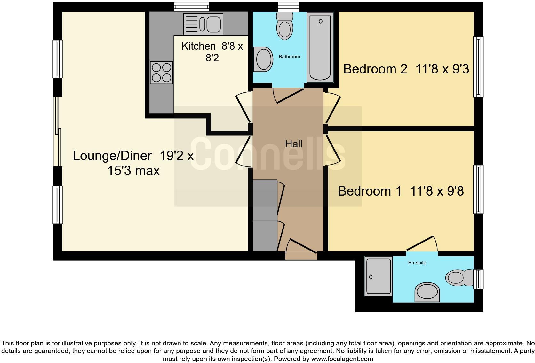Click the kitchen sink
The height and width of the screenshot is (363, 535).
203,24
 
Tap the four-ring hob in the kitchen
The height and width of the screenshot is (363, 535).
162,73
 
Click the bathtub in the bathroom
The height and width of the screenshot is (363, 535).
320,47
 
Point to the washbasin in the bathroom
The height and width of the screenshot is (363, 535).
263,59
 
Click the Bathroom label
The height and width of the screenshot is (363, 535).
289,57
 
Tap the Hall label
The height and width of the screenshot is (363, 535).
294,144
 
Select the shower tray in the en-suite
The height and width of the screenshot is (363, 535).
379,276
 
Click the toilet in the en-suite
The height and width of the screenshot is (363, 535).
459,277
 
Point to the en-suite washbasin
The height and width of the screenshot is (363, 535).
427,292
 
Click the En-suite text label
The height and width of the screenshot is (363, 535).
417,263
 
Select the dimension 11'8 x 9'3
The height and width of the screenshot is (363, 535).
442,69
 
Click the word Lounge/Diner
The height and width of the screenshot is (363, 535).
112,156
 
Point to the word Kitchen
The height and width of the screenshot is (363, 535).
198,46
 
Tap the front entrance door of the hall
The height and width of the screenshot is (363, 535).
301,248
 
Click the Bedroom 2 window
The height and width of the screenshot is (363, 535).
478,67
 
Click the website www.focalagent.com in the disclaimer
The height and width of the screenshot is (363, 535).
342,359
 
